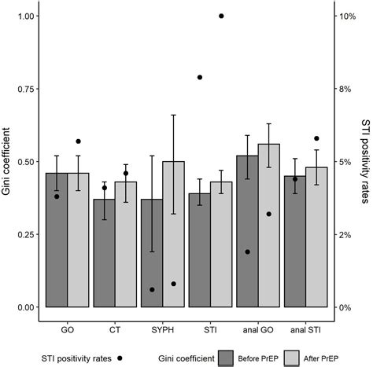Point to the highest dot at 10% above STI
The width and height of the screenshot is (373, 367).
tap(221, 16)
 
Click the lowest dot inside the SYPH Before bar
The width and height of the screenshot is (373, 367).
tap(152, 289)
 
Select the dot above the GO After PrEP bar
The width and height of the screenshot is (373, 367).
tap(79, 141)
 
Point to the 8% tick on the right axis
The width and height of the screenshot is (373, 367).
tap(346, 89)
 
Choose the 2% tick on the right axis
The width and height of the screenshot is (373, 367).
tap(346, 234)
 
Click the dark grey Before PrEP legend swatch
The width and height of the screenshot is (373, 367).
tap(229, 358)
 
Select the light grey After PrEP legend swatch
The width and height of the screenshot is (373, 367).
tap(295, 358)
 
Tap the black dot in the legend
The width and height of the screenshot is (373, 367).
tap(120, 358)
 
